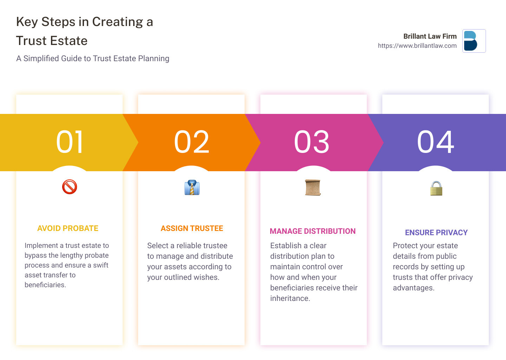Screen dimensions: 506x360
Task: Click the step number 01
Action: [70, 142]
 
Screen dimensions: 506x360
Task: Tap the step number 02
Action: [192, 142]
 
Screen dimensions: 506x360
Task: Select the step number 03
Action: [311, 142]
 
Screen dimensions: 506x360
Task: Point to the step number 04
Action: [435, 142]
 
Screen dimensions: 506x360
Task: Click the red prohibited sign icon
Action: [70, 187]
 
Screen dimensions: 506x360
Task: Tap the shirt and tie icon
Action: [192, 187]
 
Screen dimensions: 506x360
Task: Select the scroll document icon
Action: [313, 187]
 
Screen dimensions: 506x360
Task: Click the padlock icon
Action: [436, 188]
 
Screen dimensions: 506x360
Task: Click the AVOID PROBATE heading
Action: [68, 228]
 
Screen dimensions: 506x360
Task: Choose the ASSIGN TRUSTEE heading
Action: [192, 228]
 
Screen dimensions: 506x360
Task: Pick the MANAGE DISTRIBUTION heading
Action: [313, 231]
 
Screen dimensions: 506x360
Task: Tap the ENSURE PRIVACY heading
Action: [436, 232]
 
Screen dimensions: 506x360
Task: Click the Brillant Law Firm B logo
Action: [474, 41]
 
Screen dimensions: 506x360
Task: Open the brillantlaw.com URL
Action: [417, 46]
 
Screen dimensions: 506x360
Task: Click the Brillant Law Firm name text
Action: [430, 36]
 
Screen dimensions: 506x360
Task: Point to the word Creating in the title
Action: [117, 22]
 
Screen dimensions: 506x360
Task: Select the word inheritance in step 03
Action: [290, 298]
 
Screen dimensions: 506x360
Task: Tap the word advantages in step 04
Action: [414, 288]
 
